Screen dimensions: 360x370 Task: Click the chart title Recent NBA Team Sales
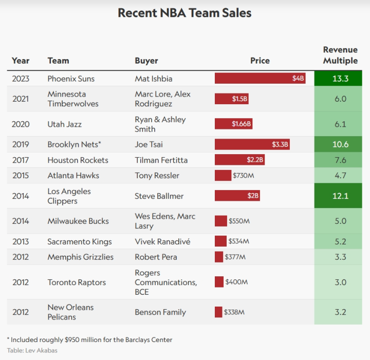click(x=184, y=13)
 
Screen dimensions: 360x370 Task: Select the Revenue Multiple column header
click(x=340, y=55)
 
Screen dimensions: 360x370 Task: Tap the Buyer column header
click(x=146, y=61)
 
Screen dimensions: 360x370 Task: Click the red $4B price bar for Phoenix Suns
click(x=260, y=79)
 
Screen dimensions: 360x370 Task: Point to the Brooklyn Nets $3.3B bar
click(x=252, y=145)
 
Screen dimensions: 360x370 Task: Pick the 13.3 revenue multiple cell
click(x=340, y=79)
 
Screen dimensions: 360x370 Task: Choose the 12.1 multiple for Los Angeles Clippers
click(x=340, y=196)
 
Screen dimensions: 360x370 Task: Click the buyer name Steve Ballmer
click(x=159, y=196)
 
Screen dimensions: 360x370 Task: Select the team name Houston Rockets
click(x=78, y=160)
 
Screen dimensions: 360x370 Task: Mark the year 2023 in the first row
click(x=21, y=79)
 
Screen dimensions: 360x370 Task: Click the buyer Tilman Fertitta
click(x=161, y=160)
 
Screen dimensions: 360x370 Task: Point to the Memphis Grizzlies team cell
click(x=80, y=257)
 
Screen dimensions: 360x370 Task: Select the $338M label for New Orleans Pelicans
click(x=234, y=312)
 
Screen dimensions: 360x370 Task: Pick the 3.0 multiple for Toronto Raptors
click(x=340, y=282)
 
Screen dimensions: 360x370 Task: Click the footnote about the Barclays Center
click(x=89, y=339)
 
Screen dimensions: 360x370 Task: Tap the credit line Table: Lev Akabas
click(x=32, y=350)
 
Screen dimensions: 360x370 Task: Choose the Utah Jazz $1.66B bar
click(x=233, y=124)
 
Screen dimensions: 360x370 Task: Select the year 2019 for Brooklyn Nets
click(x=21, y=145)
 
